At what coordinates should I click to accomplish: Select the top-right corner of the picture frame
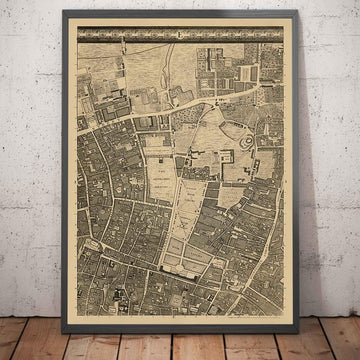click(297, 10)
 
